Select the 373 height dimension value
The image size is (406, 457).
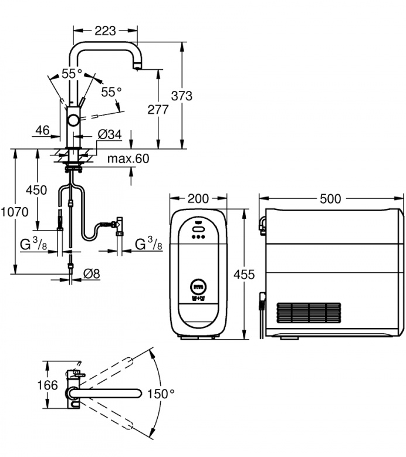(183, 96)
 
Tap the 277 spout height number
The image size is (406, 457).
(158, 109)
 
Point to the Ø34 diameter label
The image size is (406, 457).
(110, 135)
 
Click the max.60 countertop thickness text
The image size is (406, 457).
(128, 159)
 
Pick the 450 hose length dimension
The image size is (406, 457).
(36, 190)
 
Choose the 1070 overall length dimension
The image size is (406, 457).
(14, 212)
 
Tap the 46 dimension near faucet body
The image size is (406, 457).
(43, 130)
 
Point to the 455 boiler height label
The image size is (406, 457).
(245, 275)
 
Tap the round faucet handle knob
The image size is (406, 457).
(74, 120)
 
